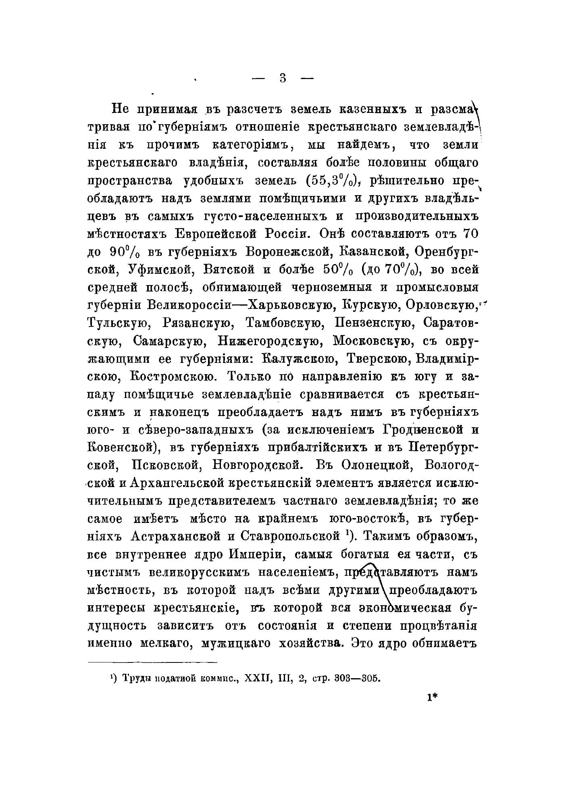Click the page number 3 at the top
click(282, 78)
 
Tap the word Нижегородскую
click(266, 341)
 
